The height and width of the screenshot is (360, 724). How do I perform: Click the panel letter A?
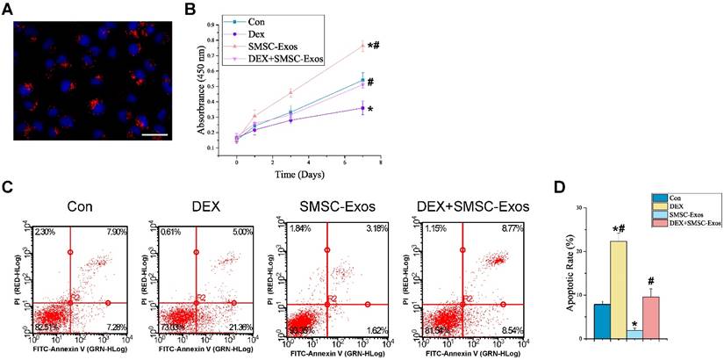point(6,7)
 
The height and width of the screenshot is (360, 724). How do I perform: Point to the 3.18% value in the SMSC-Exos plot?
point(372,232)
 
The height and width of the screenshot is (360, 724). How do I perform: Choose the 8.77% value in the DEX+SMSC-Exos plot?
point(495,232)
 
